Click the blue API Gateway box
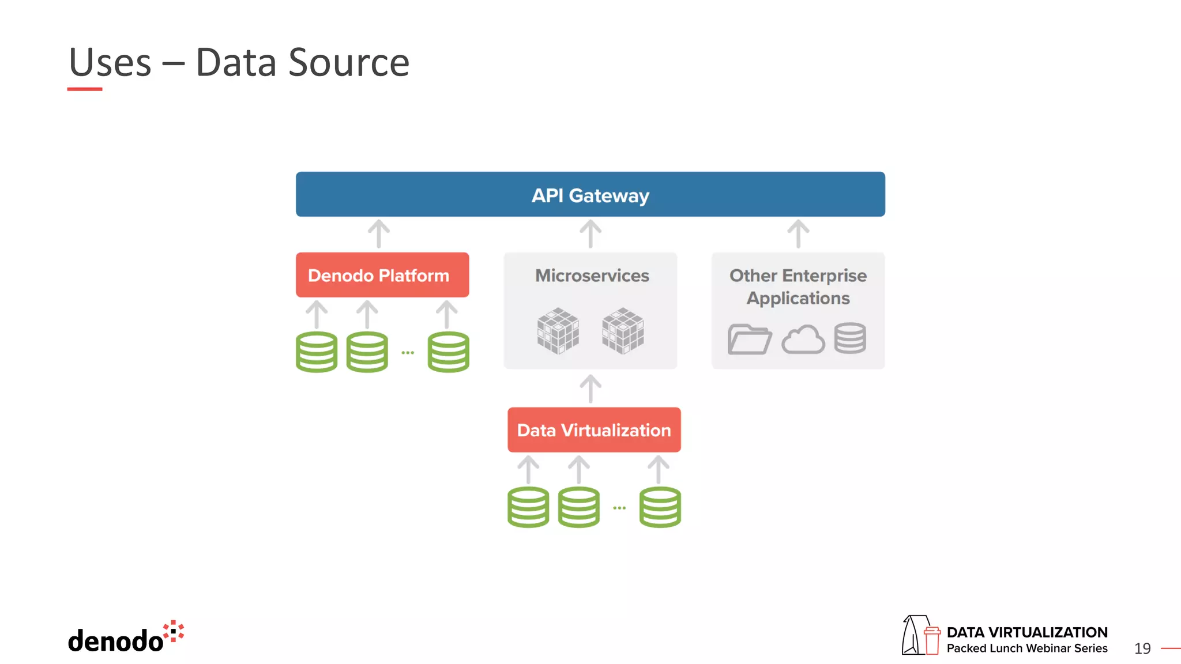pyautogui.click(x=590, y=195)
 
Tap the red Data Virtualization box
pyautogui.click(x=593, y=430)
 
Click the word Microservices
pyautogui.click(x=592, y=276)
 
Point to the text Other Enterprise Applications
pyautogui.click(x=798, y=286)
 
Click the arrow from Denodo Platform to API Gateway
pyautogui.click(x=379, y=233)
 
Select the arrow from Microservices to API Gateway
pyautogui.click(x=590, y=233)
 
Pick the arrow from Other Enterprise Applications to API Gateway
pyautogui.click(x=798, y=233)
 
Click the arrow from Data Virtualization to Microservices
pyautogui.click(x=590, y=388)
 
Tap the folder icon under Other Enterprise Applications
pyautogui.click(x=749, y=339)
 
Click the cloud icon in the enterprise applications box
pyautogui.click(x=803, y=339)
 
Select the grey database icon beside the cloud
pyautogui.click(x=849, y=338)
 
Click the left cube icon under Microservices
pyautogui.click(x=558, y=331)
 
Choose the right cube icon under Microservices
pyautogui.click(x=623, y=331)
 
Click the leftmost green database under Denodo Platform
pyautogui.click(x=317, y=352)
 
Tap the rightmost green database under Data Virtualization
pyautogui.click(x=660, y=507)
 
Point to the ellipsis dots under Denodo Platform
pyautogui.click(x=408, y=352)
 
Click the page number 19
pyautogui.click(x=1142, y=648)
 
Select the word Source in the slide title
pyautogui.click(x=348, y=62)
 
